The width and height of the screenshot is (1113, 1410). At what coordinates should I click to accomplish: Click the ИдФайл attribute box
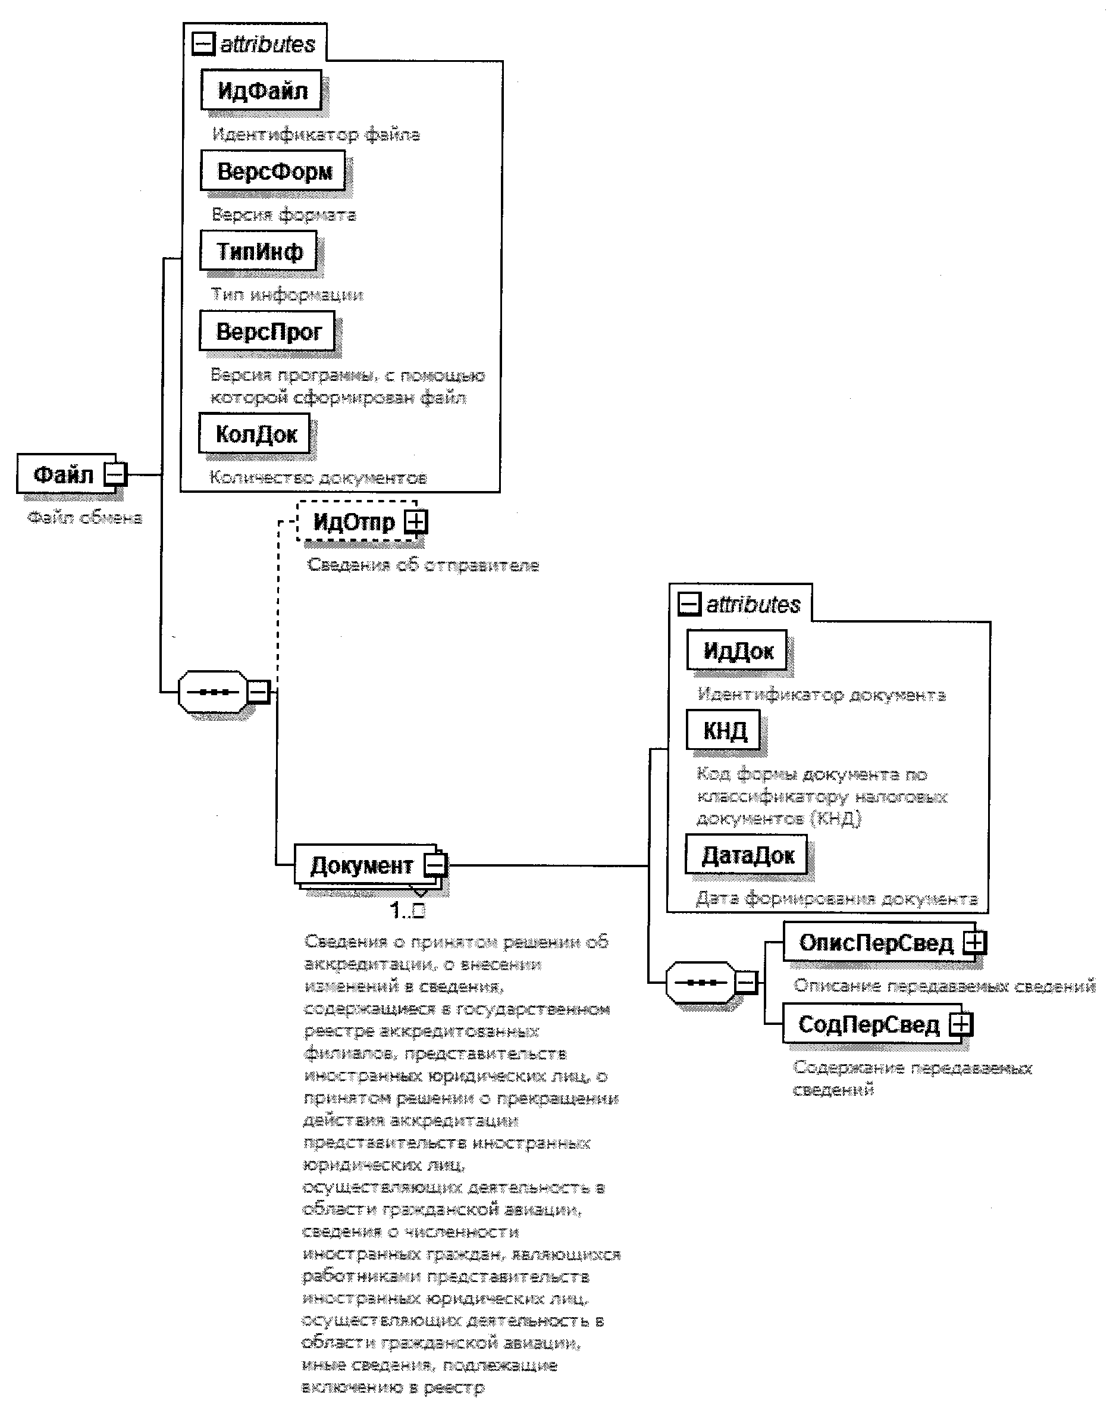(261, 90)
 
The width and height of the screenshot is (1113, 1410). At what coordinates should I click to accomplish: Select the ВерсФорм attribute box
(273, 171)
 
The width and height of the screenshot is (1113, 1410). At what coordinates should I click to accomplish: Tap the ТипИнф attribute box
(259, 251)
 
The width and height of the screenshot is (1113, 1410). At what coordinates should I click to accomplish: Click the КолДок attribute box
(255, 433)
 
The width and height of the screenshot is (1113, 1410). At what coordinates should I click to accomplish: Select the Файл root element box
(64, 474)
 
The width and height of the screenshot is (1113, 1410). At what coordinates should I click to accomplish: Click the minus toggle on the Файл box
(115, 474)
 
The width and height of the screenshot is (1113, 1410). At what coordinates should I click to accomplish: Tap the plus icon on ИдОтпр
(416, 521)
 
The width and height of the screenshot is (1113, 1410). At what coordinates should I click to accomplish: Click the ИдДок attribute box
(737, 650)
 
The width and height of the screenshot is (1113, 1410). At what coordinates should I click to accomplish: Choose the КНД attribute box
(723, 730)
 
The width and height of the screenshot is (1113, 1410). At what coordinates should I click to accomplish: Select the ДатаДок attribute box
(747, 855)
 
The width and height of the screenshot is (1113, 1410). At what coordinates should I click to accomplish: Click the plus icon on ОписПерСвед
(975, 942)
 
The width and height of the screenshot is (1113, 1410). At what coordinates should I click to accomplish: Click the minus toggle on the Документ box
(435, 865)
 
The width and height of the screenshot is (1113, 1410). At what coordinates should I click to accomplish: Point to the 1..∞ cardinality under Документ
(407, 910)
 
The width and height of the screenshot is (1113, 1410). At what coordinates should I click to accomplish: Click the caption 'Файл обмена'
(84, 518)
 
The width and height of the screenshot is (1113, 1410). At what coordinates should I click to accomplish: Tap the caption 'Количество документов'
(317, 478)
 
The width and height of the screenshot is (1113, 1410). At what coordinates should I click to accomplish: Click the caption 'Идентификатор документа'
(821, 695)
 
